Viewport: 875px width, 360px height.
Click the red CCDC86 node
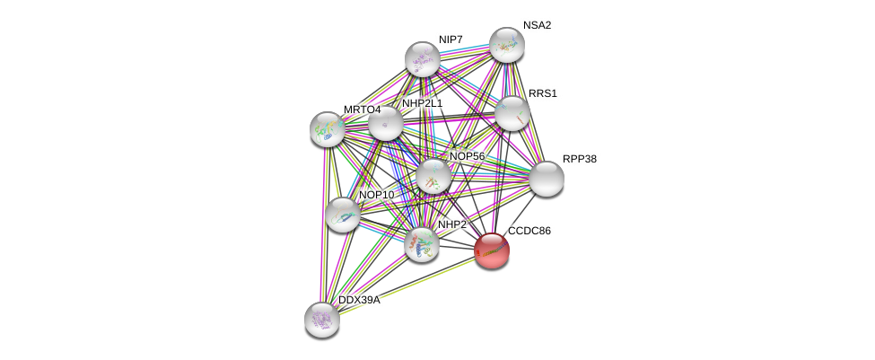click(491, 250)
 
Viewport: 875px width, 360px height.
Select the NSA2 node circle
click(506, 45)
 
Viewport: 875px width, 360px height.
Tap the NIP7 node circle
click(422, 59)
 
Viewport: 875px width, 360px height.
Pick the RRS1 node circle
click(512, 113)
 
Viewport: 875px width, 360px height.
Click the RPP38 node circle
click(546, 179)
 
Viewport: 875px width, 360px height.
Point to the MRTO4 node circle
click(327, 128)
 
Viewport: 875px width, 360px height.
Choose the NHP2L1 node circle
click(386, 123)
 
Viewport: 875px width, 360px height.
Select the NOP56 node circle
click(433, 176)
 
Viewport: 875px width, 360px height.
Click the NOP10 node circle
click(342, 214)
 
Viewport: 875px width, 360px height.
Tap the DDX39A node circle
click(321, 319)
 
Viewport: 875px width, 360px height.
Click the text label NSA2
click(537, 25)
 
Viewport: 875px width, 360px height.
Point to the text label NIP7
click(451, 40)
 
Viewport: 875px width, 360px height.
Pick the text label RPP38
click(579, 159)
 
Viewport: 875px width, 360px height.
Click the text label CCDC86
click(529, 231)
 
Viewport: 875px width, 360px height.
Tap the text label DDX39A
click(358, 300)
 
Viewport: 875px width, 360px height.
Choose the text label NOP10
click(376, 195)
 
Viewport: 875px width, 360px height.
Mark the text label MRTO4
click(362, 110)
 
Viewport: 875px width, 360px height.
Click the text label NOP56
click(467, 156)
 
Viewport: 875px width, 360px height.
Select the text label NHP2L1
click(422, 103)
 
